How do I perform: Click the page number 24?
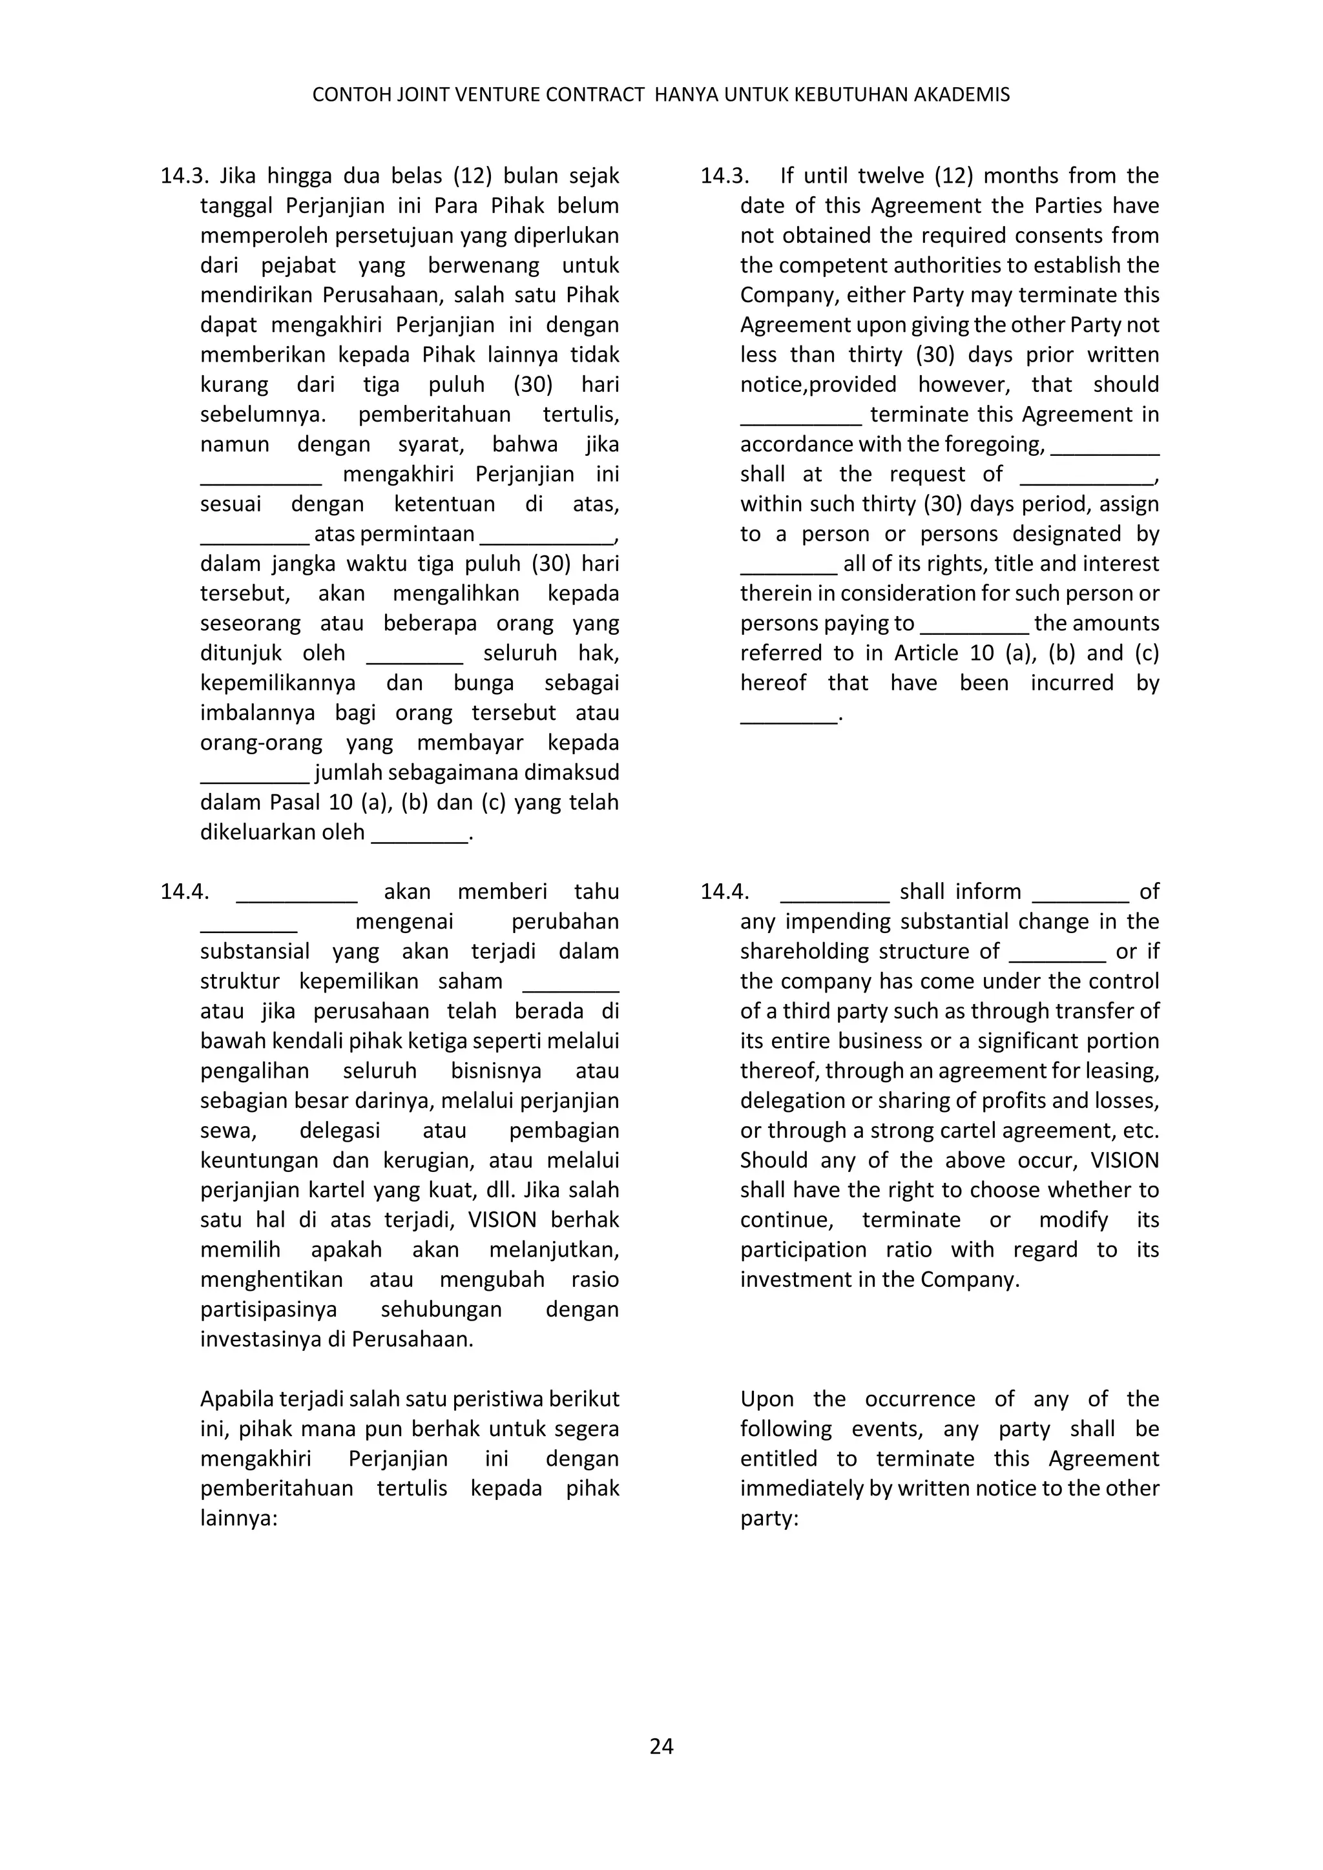click(x=661, y=1746)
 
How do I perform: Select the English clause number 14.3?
click(x=724, y=176)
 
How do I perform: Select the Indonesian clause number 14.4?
click(x=184, y=892)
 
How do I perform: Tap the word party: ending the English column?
click(x=768, y=1519)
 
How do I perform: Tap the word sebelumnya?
click(x=262, y=415)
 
